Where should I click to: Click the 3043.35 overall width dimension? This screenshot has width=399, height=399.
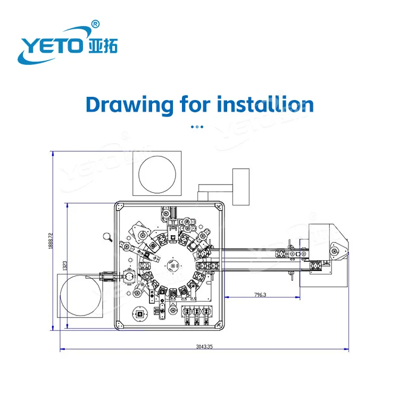204,346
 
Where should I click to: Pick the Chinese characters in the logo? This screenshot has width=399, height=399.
102,46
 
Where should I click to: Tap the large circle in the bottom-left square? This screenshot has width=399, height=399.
80,295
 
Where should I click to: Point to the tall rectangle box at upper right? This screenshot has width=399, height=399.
241,187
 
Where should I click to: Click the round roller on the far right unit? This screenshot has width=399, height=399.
334,247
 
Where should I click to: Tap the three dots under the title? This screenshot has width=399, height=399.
197,127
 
